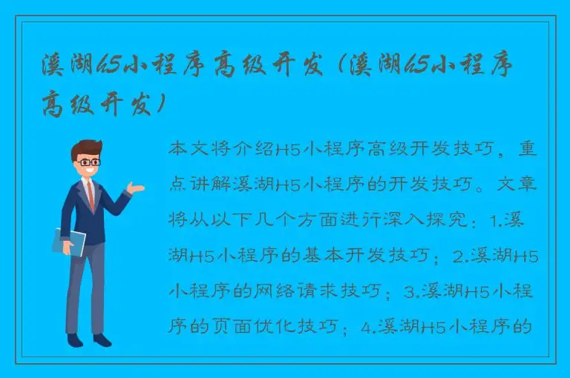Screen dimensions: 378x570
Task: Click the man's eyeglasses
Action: pyautogui.click(x=88, y=161)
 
